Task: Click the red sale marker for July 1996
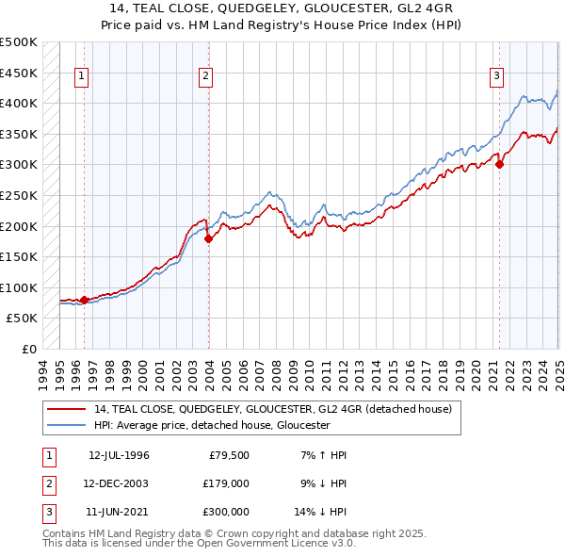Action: (84, 300)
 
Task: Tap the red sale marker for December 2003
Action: (208, 239)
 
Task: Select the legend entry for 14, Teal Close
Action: (273, 409)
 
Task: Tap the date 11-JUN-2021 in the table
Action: (118, 512)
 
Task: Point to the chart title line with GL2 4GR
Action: (282, 10)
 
